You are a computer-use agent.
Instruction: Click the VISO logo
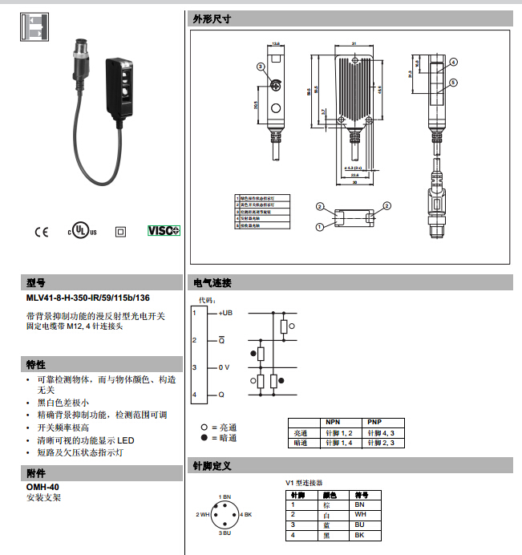164,230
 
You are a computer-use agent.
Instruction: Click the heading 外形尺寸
212,19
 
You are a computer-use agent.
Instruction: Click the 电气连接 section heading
212,283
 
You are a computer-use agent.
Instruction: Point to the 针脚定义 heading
212,465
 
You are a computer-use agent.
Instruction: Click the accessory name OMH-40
42,487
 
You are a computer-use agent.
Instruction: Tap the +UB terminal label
225,313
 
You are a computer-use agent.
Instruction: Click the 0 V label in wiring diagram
225,367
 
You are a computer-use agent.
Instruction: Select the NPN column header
333,422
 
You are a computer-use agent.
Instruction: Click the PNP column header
374,422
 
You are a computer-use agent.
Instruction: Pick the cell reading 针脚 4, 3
382,432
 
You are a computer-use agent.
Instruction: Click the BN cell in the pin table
359,504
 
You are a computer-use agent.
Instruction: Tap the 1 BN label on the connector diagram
225,497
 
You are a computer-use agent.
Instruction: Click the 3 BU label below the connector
225,533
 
